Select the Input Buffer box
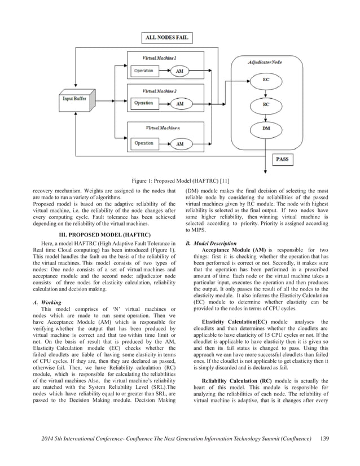click(77, 99)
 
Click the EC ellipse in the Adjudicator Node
click(266, 80)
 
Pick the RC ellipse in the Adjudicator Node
click(266, 104)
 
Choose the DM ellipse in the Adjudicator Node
click(266, 129)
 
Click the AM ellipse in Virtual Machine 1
click(179, 71)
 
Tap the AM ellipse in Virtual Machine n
click(179, 144)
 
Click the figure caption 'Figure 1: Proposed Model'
click(180, 181)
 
